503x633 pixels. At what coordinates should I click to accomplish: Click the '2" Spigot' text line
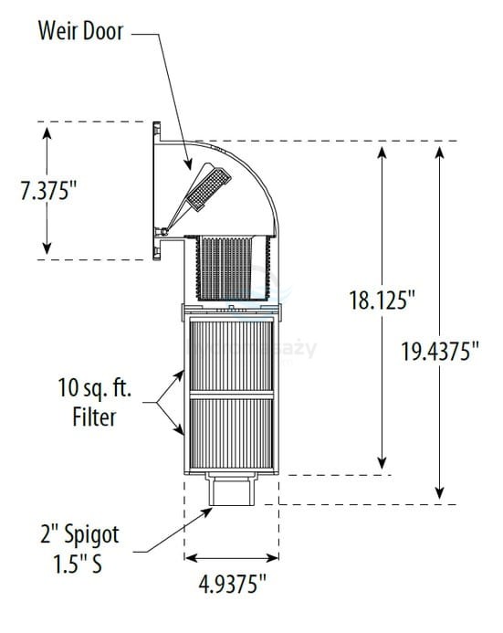click(x=80, y=532)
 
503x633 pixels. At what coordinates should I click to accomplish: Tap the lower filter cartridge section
click(x=230, y=435)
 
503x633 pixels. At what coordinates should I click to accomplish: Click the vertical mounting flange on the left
click(x=158, y=190)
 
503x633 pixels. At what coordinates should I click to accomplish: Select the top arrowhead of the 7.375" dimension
click(x=48, y=129)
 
